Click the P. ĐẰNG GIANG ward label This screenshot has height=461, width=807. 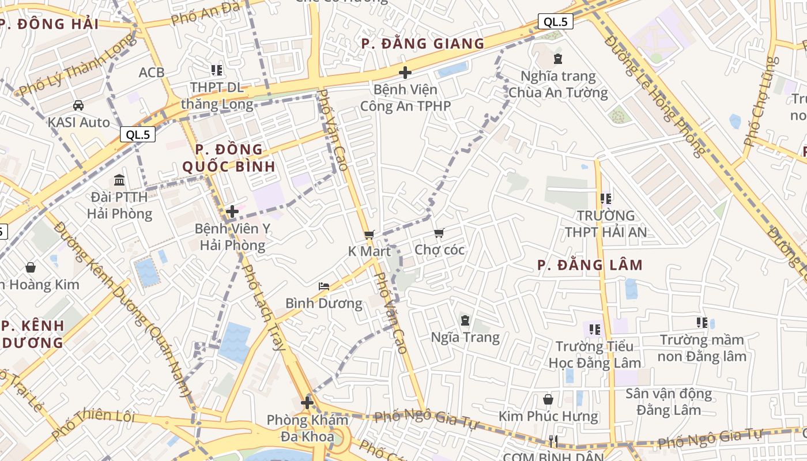pyautogui.click(x=423, y=44)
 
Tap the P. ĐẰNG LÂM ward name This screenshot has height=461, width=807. pyautogui.click(x=590, y=265)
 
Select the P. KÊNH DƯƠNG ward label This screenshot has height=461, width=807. pyautogui.click(x=32, y=334)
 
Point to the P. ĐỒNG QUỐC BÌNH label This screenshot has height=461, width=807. pyautogui.click(x=229, y=158)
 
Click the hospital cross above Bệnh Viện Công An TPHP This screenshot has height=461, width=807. pyautogui.click(x=405, y=73)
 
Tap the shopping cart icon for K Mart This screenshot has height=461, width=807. pyautogui.click(x=369, y=235)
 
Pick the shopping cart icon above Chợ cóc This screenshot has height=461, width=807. pyautogui.click(x=439, y=233)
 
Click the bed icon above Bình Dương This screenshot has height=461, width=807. pyautogui.click(x=324, y=286)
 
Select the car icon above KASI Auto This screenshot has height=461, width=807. pyautogui.click(x=78, y=105)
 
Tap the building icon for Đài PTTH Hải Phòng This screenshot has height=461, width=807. pyautogui.click(x=119, y=180)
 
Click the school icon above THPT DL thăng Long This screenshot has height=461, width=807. pyautogui.click(x=216, y=71)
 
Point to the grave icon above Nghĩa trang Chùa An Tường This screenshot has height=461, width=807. pyautogui.click(x=557, y=59)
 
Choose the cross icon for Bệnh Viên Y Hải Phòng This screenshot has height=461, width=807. pyautogui.click(x=232, y=212)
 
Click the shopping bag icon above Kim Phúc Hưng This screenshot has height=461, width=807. pyautogui.click(x=548, y=399)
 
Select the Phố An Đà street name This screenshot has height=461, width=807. pyautogui.click(x=197, y=14)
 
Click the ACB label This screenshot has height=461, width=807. pyautogui.click(x=152, y=73)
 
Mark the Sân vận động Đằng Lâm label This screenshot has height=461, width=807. pyautogui.click(x=669, y=402)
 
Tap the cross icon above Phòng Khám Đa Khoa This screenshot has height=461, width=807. pyautogui.click(x=307, y=403)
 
